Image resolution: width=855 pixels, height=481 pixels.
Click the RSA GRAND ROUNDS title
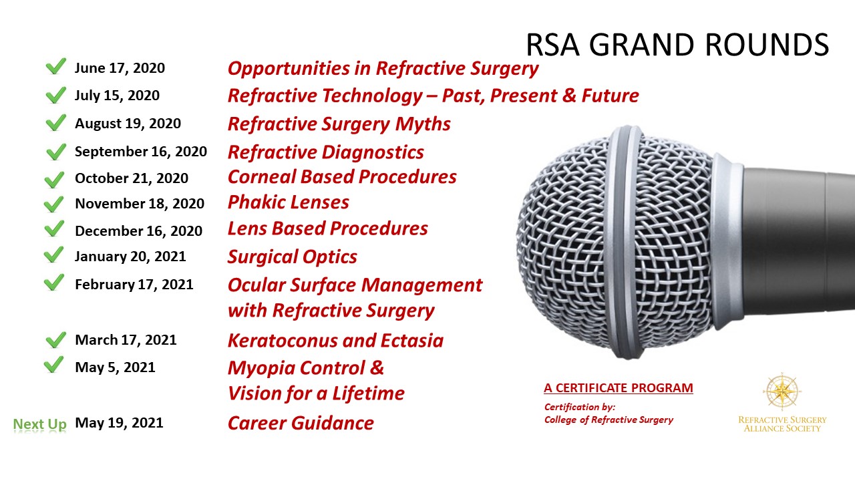coord(677,45)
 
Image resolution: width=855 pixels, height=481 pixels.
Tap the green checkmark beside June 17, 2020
coord(55,66)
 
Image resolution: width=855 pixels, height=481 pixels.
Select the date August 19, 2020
coord(128,124)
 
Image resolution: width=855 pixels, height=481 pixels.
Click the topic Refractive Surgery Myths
coord(339,124)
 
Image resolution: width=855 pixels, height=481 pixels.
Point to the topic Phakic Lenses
coord(288,202)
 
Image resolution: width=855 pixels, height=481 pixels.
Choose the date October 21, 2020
coord(132,178)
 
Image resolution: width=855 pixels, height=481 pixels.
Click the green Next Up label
coord(39,424)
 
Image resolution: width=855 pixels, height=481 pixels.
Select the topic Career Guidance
coord(301,423)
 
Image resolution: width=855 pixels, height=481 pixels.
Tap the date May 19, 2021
coord(119,423)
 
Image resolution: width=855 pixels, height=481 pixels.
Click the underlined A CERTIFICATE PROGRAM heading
coord(619,388)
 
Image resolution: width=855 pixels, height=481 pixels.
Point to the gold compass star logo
coord(782,391)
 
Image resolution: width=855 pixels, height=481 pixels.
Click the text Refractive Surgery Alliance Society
coord(782,424)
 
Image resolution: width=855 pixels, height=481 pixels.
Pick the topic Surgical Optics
coord(293,257)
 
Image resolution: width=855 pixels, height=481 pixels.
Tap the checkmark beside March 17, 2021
coord(55,339)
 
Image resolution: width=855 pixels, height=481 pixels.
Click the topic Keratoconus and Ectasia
coord(335,341)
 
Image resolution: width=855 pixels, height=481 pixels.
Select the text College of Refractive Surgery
coord(609,420)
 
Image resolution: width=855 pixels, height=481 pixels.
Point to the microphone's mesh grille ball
coord(615,242)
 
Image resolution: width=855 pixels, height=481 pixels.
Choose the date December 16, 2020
coord(138,231)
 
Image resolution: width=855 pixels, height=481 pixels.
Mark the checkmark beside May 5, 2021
coord(54,364)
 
